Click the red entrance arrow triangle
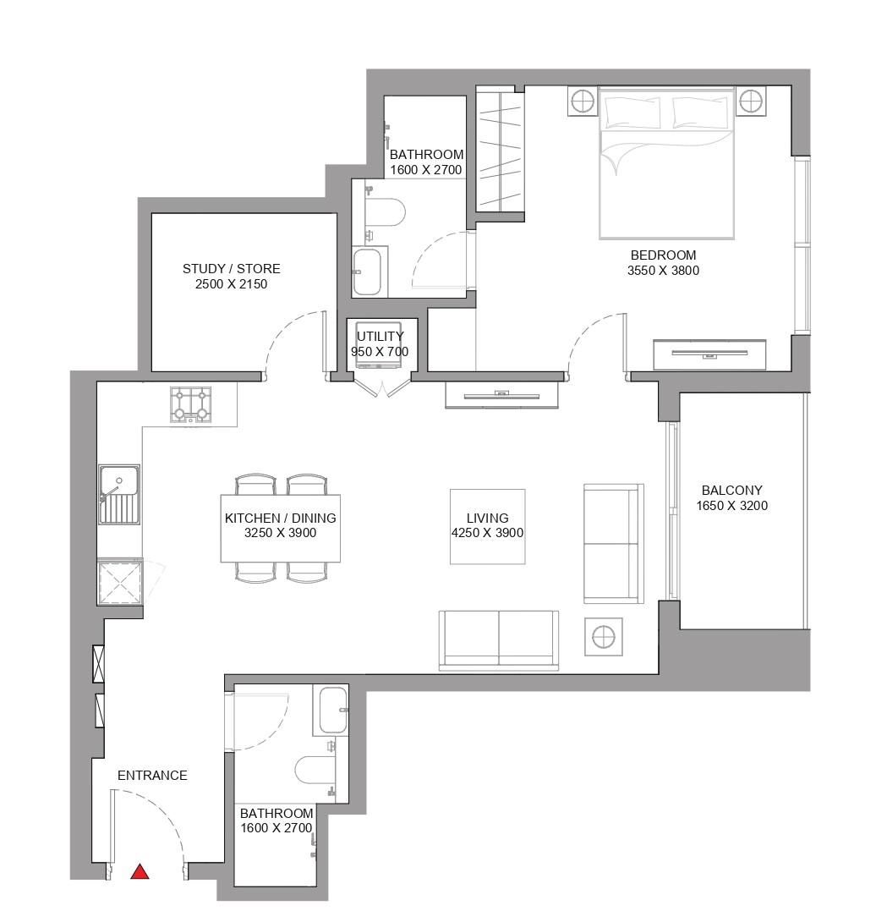coord(140,872)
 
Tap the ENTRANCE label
coord(152,776)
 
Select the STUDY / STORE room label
coord(231,269)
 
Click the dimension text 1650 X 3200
coord(731,506)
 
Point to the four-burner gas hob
coord(191,404)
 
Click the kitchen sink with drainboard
coord(119,494)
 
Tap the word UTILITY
coord(380,336)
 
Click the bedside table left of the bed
coord(583,102)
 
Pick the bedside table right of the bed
coord(750,102)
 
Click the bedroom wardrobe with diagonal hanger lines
coord(500,151)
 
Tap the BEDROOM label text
coord(663,255)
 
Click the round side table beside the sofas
coord(604,637)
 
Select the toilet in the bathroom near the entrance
coord(314,771)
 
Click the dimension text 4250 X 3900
coord(487,533)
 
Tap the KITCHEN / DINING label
coord(280,519)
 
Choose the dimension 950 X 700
coord(380,352)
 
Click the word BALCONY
coord(731,491)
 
